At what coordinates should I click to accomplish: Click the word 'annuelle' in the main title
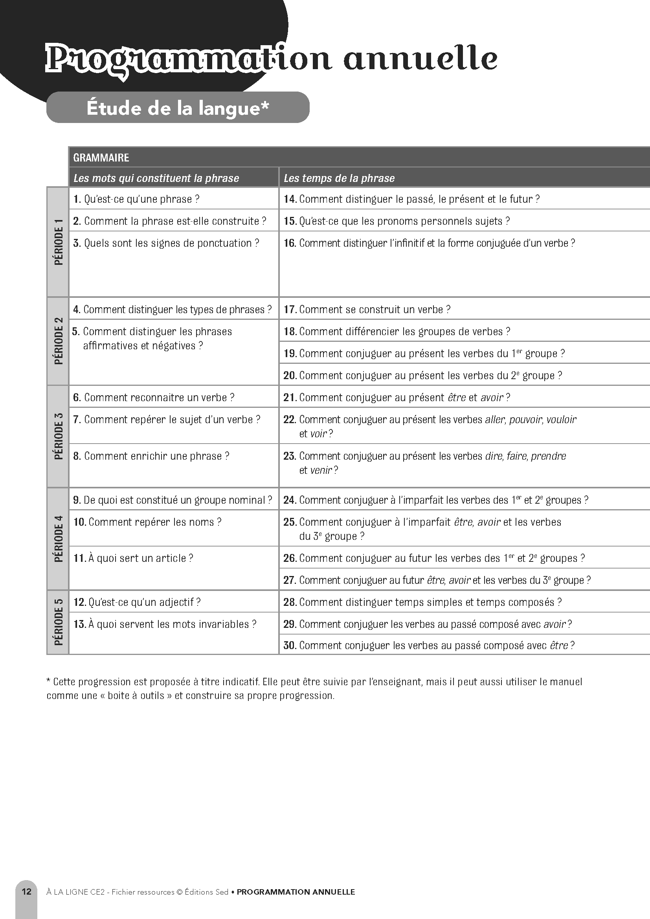pyautogui.click(x=420, y=59)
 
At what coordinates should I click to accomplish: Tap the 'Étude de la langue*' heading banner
pyautogui.click(x=178, y=108)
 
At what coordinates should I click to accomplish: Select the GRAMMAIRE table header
pyautogui.click(x=101, y=158)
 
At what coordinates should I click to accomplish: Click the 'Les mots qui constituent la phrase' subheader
pyautogui.click(x=156, y=178)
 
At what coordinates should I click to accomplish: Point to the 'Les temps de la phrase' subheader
pyautogui.click(x=339, y=178)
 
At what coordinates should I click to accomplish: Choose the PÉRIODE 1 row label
pyautogui.click(x=59, y=242)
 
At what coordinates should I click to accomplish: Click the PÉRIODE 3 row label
pyautogui.click(x=59, y=436)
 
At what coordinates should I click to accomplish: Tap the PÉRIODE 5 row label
pyautogui.click(x=59, y=622)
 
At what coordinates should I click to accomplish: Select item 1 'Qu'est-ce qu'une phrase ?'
pyautogui.click(x=136, y=199)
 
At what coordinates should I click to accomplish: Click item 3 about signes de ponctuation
pyautogui.click(x=166, y=243)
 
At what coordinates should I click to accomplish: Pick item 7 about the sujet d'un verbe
pyautogui.click(x=167, y=420)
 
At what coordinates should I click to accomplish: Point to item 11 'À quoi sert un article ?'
pyautogui.click(x=133, y=558)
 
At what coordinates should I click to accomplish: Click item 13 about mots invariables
pyautogui.click(x=165, y=624)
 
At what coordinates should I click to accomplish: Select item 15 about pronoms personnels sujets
pyautogui.click(x=397, y=221)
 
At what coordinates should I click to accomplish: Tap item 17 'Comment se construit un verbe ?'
pyautogui.click(x=367, y=309)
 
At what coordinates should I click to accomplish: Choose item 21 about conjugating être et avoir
pyautogui.click(x=397, y=398)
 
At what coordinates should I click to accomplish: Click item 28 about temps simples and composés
pyautogui.click(x=422, y=602)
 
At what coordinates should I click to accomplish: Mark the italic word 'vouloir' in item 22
pyautogui.click(x=561, y=420)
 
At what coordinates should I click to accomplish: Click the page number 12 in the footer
pyautogui.click(x=26, y=891)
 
